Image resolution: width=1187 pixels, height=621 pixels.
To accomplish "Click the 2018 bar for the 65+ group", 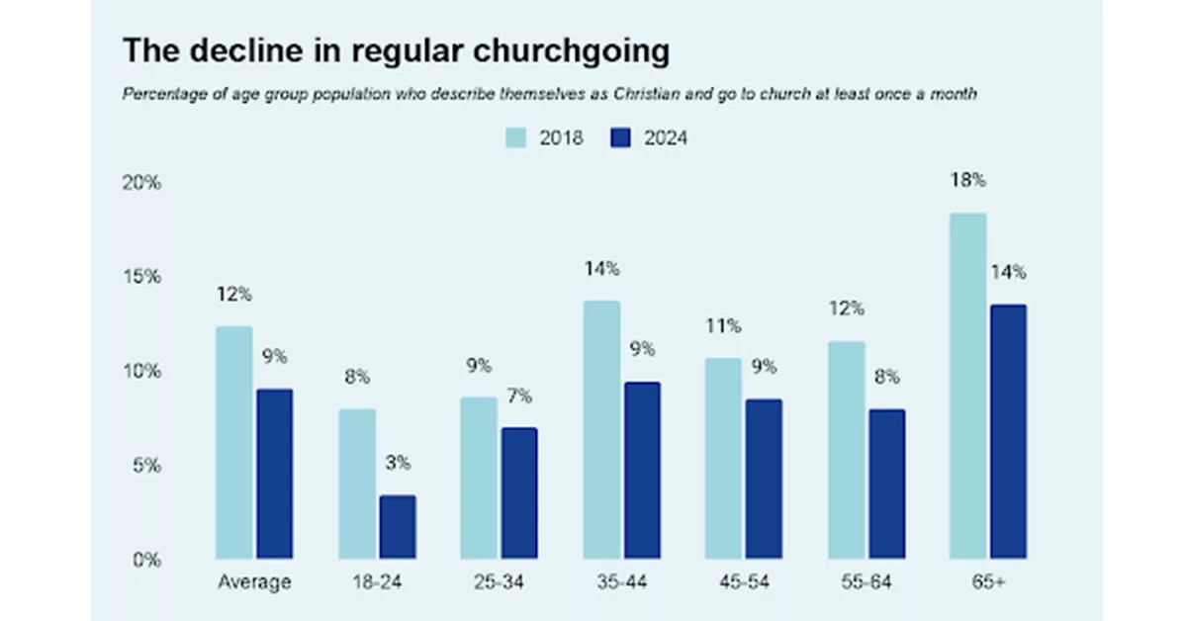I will [x=967, y=386].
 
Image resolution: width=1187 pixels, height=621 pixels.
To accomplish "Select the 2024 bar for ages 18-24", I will [x=398, y=527].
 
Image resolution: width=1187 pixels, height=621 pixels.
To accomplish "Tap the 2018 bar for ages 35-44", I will [x=601, y=430].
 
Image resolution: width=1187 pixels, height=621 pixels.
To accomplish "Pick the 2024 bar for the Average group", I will [x=275, y=474].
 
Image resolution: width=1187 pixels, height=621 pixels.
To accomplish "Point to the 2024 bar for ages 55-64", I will [x=886, y=484].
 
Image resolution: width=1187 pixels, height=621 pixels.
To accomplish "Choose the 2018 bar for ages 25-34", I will [x=479, y=479].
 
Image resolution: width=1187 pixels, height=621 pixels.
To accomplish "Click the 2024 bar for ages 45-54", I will [x=764, y=479].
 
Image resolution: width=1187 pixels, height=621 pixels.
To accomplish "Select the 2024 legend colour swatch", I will [x=619, y=138].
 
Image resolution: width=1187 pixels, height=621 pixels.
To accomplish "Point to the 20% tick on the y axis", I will [x=141, y=184].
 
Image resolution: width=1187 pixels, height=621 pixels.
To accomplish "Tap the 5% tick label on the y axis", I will [x=145, y=466].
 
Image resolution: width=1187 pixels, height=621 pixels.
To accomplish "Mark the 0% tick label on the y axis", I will [x=145, y=560].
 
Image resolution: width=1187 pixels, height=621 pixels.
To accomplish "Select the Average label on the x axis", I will [x=254, y=581].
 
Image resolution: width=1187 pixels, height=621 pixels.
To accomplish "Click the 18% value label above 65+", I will [x=967, y=181].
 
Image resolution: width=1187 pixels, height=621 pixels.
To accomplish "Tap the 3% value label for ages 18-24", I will [x=398, y=463].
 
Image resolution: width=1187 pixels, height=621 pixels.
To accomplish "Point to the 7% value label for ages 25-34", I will [x=519, y=397].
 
